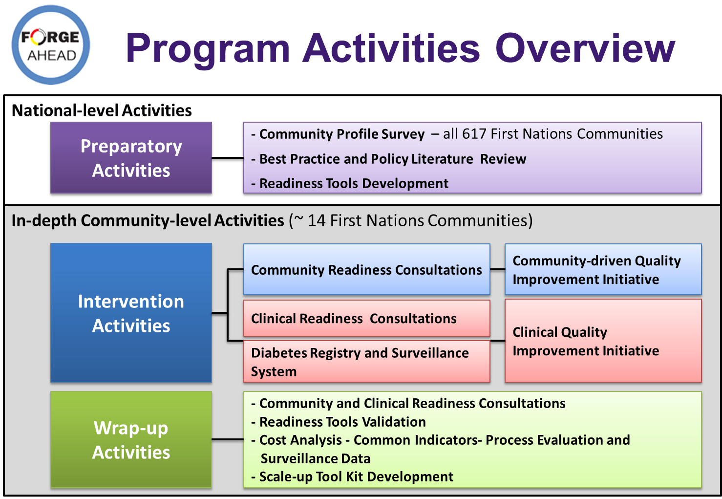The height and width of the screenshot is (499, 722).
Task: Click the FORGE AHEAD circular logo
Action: [x=51, y=45]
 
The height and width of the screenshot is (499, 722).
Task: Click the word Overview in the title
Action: [x=585, y=49]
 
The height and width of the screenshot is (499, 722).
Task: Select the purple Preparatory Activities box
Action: [x=131, y=158]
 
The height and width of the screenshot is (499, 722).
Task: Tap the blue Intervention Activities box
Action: [x=131, y=313]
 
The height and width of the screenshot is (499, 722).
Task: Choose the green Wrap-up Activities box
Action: [x=131, y=440]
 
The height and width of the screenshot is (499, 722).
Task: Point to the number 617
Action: [x=474, y=134]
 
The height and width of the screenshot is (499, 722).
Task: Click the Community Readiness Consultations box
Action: [x=367, y=269]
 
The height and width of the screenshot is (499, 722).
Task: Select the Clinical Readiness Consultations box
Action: [x=367, y=318]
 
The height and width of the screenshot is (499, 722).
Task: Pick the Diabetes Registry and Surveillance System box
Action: [x=367, y=362]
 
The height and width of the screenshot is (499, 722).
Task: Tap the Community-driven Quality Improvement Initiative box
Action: [x=603, y=269]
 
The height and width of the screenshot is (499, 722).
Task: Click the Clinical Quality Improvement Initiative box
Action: [x=603, y=341]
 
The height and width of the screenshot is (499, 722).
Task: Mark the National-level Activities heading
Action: [x=102, y=110]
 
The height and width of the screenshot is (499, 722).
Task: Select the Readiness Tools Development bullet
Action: [x=350, y=184]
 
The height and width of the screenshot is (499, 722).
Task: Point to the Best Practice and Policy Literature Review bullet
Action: [x=388, y=159]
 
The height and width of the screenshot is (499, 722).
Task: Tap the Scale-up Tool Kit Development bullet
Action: [x=352, y=477]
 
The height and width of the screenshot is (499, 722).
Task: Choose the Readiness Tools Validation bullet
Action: [x=339, y=422]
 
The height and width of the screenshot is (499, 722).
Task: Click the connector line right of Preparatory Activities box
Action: [x=228, y=158]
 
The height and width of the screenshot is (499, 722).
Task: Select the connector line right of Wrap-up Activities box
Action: [x=228, y=439]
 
